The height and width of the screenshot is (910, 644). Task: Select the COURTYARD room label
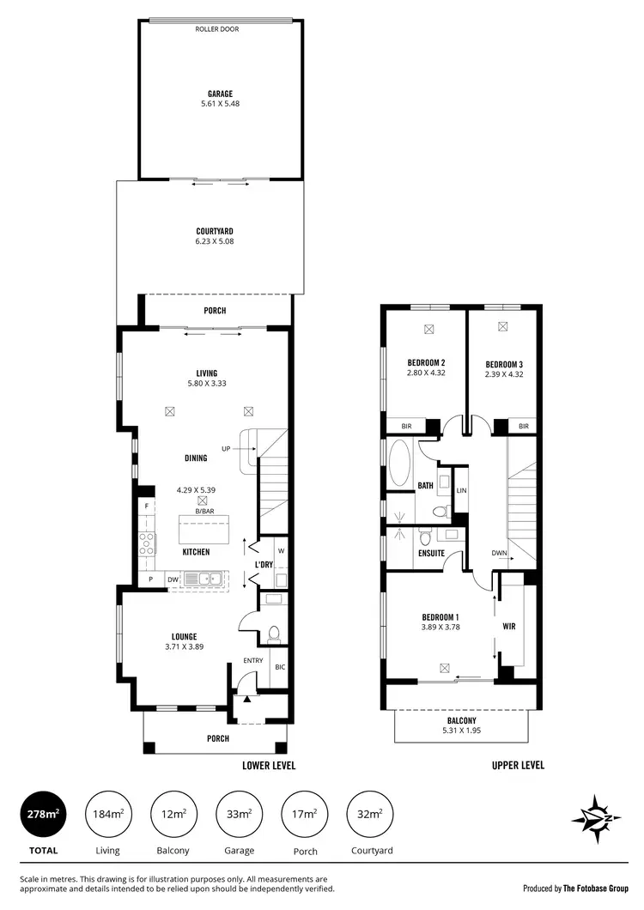(x=215, y=231)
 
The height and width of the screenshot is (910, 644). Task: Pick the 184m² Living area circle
(x=107, y=813)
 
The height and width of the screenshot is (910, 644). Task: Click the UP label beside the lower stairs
(x=227, y=449)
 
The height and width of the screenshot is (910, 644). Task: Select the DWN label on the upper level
(x=498, y=554)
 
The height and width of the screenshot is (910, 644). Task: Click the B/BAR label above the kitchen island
(x=204, y=512)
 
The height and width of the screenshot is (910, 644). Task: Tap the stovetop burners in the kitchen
(x=147, y=542)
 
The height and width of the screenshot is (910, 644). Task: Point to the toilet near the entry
(x=275, y=634)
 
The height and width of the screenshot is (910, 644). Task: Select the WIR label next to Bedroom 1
(x=509, y=626)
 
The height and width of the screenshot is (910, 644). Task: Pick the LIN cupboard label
(x=461, y=490)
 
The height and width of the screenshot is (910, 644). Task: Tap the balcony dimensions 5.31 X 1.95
(x=461, y=731)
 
